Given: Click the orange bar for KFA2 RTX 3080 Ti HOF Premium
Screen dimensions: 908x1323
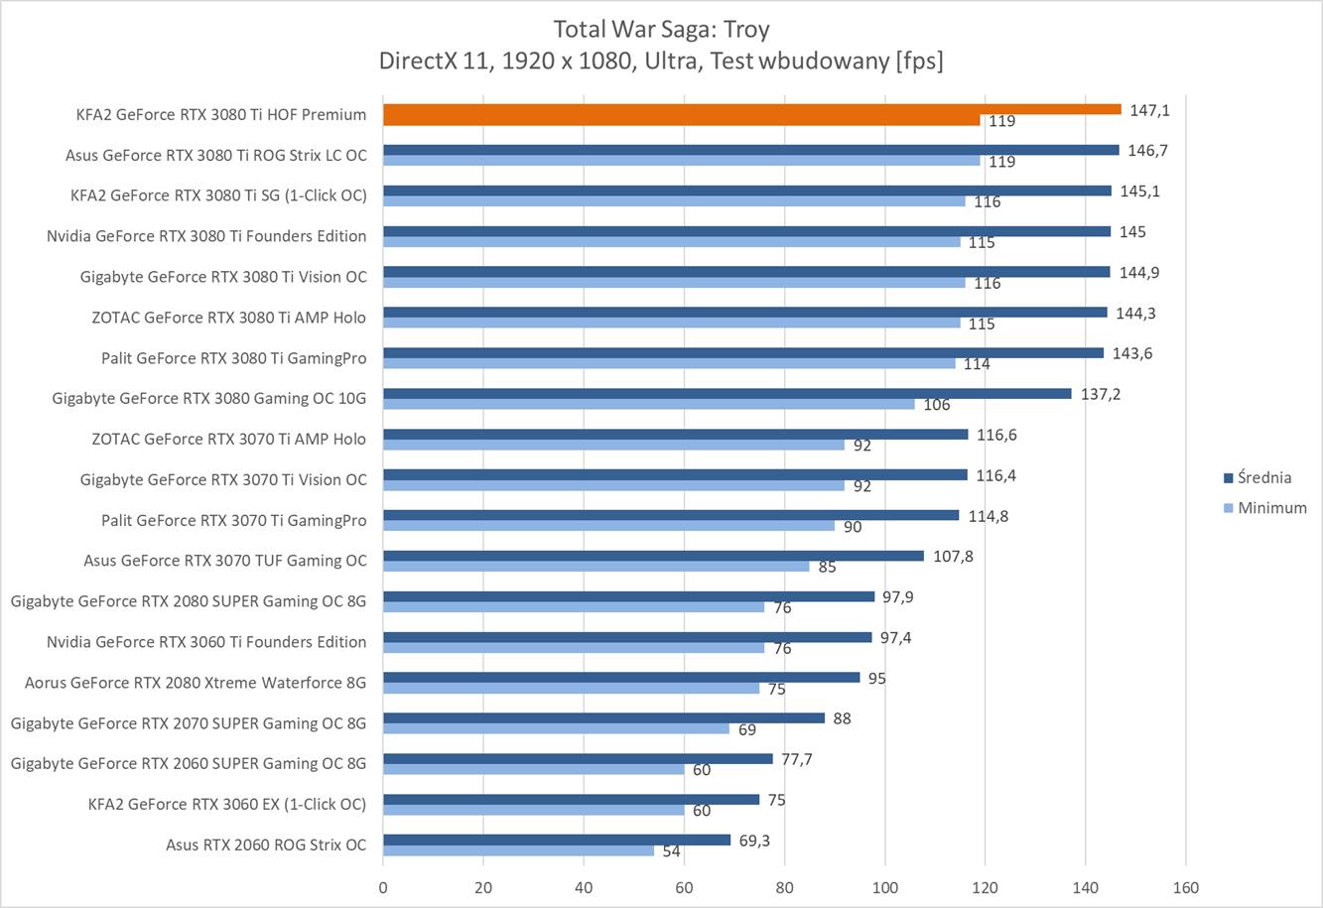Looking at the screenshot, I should click(x=751, y=110).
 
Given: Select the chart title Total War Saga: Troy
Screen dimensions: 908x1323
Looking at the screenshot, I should click(x=660, y=29).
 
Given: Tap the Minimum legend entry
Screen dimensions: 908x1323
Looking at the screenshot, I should click(x=1271, y=508).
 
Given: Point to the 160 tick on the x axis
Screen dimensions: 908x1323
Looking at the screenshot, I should click(x=1185, y=887).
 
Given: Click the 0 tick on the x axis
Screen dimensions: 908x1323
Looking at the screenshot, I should click(x=383, y=887).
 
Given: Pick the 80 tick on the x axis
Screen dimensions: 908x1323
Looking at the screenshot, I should click(x=784, y=887).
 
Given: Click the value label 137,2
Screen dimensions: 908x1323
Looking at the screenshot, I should click(x=1101, y=394).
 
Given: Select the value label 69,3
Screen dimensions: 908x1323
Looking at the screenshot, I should click(x=754, y=841).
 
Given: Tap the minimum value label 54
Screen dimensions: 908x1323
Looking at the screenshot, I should click(x=671, y=851).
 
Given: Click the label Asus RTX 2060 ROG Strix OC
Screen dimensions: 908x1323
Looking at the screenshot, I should click(x=266, y=844).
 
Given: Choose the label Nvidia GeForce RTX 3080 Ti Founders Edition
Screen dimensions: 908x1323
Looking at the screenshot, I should click(x=206, y=236).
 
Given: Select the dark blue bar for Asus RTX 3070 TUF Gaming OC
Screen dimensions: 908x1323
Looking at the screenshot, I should click(x=653, y=556).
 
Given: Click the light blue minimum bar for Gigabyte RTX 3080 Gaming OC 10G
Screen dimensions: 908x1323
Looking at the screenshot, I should click(x=648, y=404).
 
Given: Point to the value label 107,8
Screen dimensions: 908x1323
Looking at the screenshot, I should click(x=953, y=556).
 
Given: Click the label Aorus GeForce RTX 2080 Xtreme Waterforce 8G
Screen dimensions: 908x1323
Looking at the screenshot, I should click(x=196, y=683).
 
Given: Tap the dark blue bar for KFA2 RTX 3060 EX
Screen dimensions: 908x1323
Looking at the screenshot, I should click(x=571, y=799).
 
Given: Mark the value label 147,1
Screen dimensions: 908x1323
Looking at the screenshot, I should click(x=1149, y=110).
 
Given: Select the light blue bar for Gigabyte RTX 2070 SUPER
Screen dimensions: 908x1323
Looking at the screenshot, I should click(x=556, y=728).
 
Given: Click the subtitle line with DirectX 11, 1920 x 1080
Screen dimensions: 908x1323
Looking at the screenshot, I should click(x=660, y=61).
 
